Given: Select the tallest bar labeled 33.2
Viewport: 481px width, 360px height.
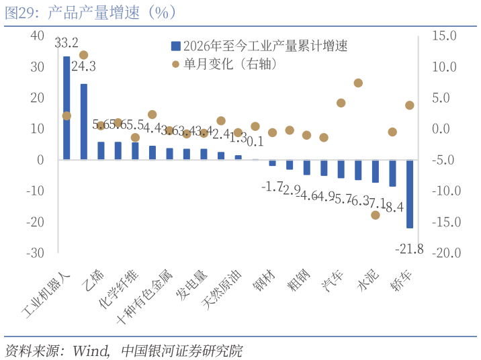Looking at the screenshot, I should [67, 107].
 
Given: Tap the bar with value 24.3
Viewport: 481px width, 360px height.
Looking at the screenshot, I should [84, 122].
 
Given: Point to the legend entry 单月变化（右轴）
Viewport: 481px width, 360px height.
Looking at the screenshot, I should [225, 64].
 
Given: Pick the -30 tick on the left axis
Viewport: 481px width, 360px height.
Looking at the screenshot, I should [34, 253].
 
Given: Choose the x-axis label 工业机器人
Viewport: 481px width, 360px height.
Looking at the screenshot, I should [47, 293].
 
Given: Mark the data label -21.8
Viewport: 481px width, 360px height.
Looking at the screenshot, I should [409, 249].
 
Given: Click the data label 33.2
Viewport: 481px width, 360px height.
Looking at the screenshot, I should [67, 43].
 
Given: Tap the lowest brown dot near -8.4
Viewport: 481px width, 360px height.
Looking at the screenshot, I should [376, 215].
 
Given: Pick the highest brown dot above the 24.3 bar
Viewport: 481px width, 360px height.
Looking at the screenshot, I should [84, 55].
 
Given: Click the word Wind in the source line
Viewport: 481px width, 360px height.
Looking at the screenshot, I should [91, 351].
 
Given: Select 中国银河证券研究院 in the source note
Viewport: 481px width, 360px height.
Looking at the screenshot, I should [181, 351].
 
